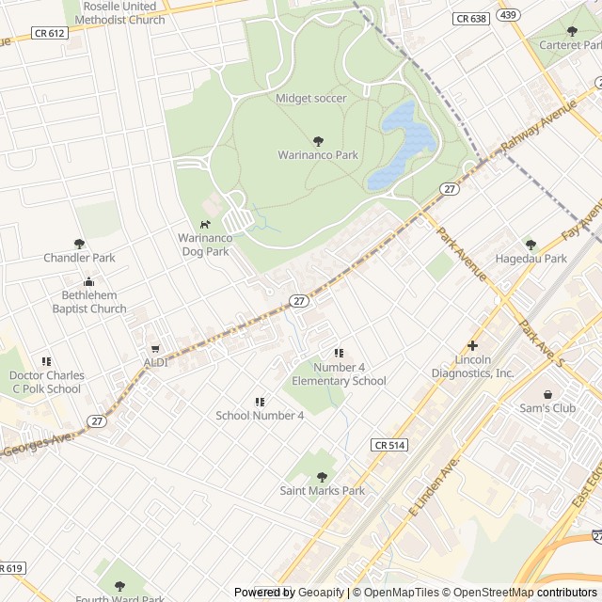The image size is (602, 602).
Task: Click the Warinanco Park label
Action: tap(318, 154)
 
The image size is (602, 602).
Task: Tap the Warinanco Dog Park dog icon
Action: tap(204, 224)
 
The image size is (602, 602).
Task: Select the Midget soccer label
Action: tap(311, 98)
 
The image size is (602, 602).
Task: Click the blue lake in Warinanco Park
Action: tap(404, 146)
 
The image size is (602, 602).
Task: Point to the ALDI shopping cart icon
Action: tap(155, 349)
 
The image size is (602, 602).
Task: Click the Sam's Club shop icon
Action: tap(547, 394)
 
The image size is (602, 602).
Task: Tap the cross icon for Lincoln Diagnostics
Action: tap(472, 345)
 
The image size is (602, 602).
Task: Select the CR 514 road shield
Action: tap(388, 445)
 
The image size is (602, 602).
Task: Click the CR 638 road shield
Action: tap(469, 18)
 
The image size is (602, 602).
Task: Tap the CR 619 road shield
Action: tap(9, 568)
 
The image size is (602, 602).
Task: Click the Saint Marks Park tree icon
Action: tap(322, 477)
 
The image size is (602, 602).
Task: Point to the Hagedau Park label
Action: tap(531, 258)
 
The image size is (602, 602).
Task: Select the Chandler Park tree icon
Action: tap(79, 244)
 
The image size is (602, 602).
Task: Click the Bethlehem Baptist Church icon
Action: tap(89, 281)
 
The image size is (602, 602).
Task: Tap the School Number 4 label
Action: tap(260, 415)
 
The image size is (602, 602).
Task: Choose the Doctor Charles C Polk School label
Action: tap(46, 382)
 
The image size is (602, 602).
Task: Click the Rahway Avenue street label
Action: tap(538, 128)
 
